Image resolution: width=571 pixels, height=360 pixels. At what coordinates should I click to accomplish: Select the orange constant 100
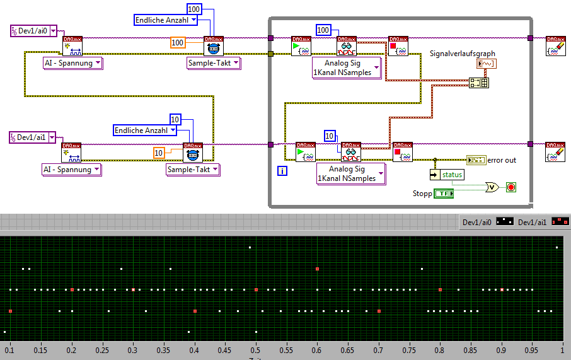point(178,42)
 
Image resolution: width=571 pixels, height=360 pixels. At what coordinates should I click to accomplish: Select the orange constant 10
point(159,152)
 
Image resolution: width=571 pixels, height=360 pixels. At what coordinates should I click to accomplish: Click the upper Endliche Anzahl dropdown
point(166,20)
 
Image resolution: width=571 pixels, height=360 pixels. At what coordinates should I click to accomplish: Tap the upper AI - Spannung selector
point(72,62)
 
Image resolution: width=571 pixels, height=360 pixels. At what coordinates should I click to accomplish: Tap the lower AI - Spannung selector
point(71,169)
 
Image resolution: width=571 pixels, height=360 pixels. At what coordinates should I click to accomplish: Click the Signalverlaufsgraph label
point(462,54)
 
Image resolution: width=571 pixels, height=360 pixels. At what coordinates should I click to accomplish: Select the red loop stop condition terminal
point(510,187)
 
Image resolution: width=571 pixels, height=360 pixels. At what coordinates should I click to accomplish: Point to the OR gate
point(491,187)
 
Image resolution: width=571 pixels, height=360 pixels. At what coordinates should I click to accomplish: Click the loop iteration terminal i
point(282,170)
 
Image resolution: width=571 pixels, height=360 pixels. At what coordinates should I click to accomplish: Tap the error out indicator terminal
point(476,160)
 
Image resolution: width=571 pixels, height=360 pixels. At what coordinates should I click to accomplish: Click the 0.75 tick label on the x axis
point(410,349)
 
